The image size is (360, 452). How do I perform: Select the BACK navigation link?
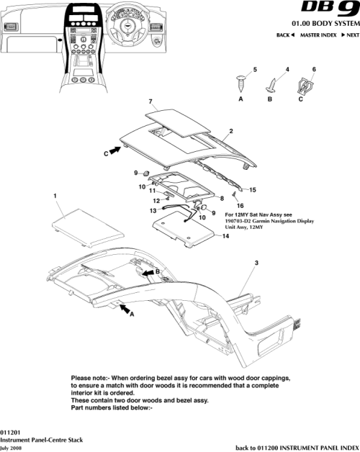pos(285,35)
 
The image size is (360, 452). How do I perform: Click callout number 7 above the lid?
pos(150,101)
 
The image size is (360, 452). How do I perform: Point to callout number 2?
pos(230,132)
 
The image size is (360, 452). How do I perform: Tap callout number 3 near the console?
pos(256,264)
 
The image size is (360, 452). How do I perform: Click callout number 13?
pos(153,211)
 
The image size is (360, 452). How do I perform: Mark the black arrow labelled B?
pos(150,273)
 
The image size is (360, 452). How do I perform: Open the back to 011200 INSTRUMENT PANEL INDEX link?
pos(297,447)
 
